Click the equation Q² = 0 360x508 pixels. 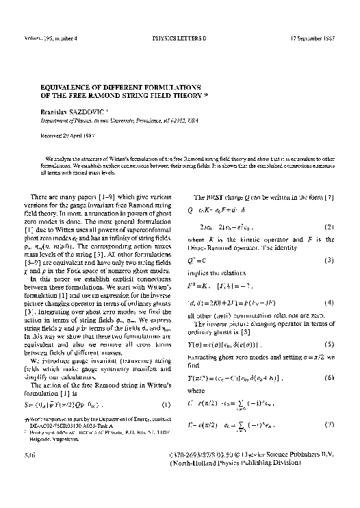click(x=193, y=261)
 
